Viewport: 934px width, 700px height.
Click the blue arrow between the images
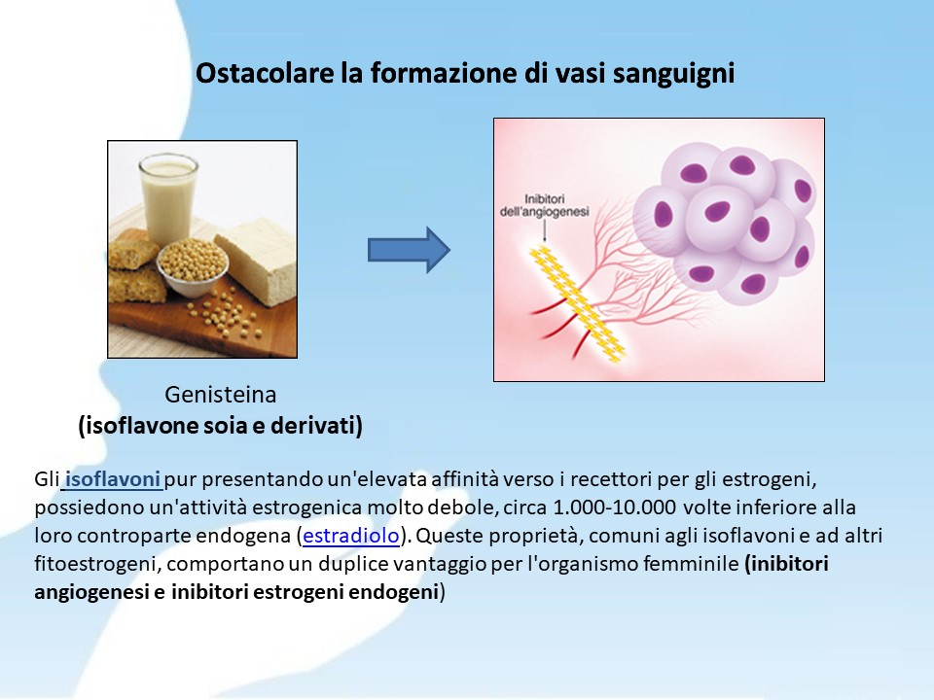click(x=409, y=250)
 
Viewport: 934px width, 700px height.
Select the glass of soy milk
click(x=168, y=198)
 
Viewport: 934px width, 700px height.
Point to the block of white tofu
click(x=257, y=261)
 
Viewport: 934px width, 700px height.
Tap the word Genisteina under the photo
click(x=221, y=395)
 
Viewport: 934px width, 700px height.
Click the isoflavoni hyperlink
click(x=113, y=479)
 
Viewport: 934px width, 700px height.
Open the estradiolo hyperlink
click(x=351, y=536)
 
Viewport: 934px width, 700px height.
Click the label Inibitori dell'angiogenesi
click(x=545, y=205)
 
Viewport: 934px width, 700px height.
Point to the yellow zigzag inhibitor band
click(x=577, y=303)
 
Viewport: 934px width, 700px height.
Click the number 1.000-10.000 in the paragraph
click(x=615, y=507)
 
